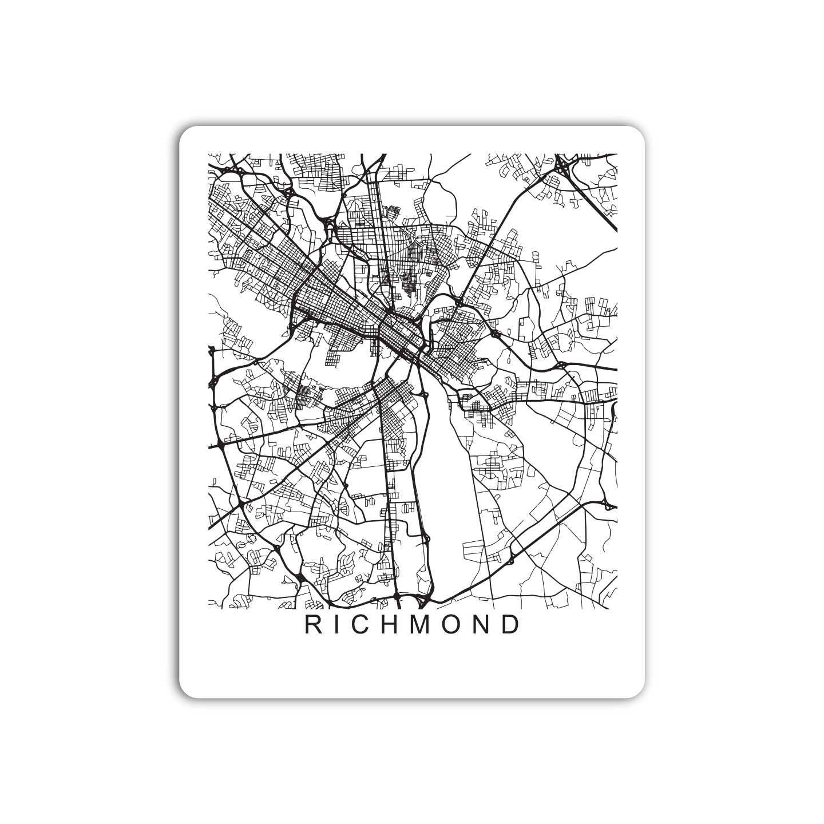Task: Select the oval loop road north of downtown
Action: [x=441, y=200]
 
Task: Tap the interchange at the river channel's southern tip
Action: [x=423, y=600]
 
